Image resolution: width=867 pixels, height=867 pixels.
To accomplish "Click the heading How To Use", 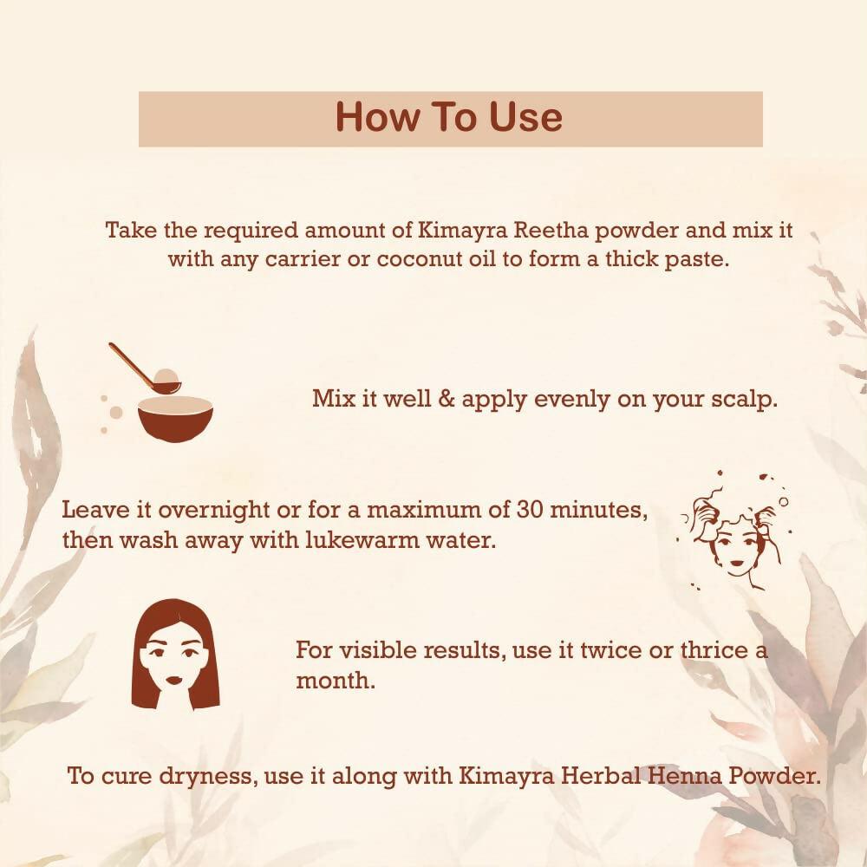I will coord(449,118).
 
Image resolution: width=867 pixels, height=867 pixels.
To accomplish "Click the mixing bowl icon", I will coord(175,418).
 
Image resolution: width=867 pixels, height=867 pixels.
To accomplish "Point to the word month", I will coord(335,681).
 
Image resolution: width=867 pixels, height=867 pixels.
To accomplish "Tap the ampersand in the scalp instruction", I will coord(447,401).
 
